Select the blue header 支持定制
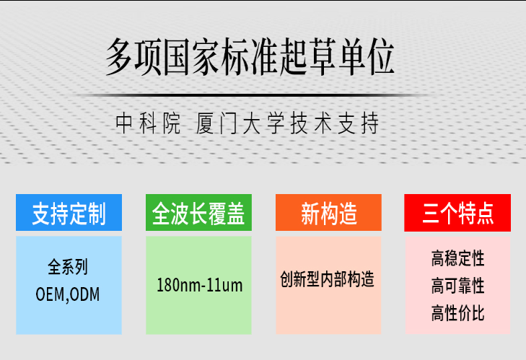coord(69,214)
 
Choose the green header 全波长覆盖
coord(198,214)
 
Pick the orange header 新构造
coord(328,214)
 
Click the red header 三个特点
coord(457,214)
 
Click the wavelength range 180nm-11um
coord(199,286)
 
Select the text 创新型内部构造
coord(328,279)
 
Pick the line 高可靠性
coord(457,286)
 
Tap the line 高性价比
coord(457,314)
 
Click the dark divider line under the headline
coord(250,95)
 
